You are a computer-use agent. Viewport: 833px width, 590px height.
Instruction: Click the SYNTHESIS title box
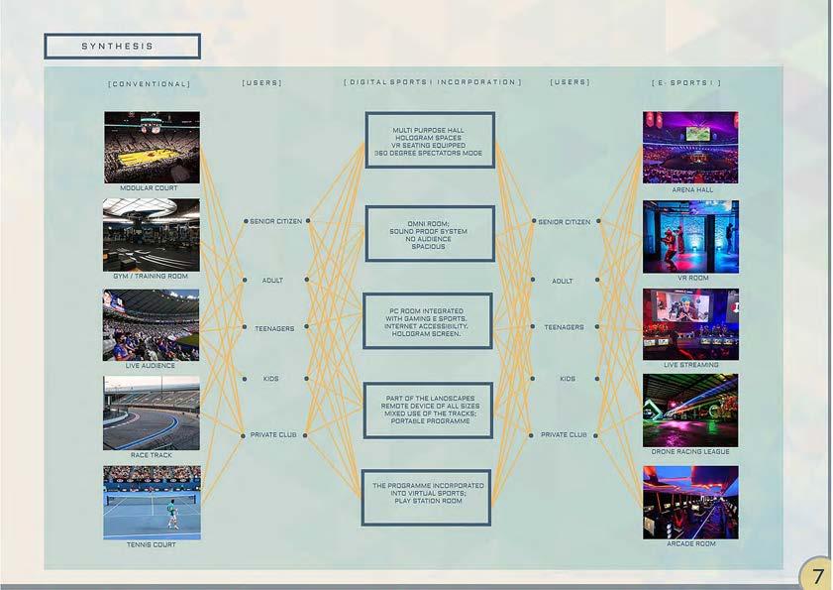pos(122,47)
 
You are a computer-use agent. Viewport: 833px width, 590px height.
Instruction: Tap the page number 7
pos(817,576)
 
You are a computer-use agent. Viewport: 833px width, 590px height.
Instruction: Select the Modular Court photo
pos(152,147)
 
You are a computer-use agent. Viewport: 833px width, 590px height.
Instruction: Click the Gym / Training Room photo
pos(152,235)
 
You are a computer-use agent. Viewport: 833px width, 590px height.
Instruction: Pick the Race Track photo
pos(152,413)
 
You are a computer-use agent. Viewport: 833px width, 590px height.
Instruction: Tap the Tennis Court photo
pos(152,503)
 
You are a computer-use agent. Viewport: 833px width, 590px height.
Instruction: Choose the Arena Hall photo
pos(690,147)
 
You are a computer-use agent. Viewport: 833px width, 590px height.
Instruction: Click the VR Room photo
pos(690,237)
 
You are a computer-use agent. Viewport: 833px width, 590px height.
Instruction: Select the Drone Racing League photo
pos(690,411)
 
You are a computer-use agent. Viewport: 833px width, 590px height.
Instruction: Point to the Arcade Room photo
pos(690,502)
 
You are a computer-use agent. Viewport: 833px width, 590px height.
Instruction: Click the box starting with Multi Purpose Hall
pos(430,141)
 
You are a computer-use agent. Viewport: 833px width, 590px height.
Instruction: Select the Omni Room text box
pos(430,234)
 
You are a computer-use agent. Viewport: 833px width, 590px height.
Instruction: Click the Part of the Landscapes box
pos(429,409)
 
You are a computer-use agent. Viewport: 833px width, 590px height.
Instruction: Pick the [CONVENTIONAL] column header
pos(150,83)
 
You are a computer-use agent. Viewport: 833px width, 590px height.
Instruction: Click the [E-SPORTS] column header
pos(686,83)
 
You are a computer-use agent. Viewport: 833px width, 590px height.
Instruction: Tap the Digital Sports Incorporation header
pos(432,82)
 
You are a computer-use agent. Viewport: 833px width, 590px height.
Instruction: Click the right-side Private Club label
pos(564,435)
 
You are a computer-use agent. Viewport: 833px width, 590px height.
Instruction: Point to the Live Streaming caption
pos(690,366)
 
